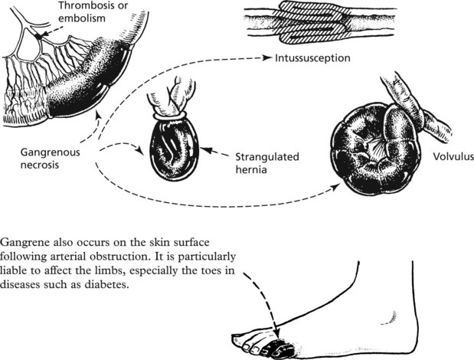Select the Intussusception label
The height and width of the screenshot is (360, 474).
313,57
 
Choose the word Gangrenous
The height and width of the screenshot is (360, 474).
43,152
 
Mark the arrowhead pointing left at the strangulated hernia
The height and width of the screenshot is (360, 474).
206,154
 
